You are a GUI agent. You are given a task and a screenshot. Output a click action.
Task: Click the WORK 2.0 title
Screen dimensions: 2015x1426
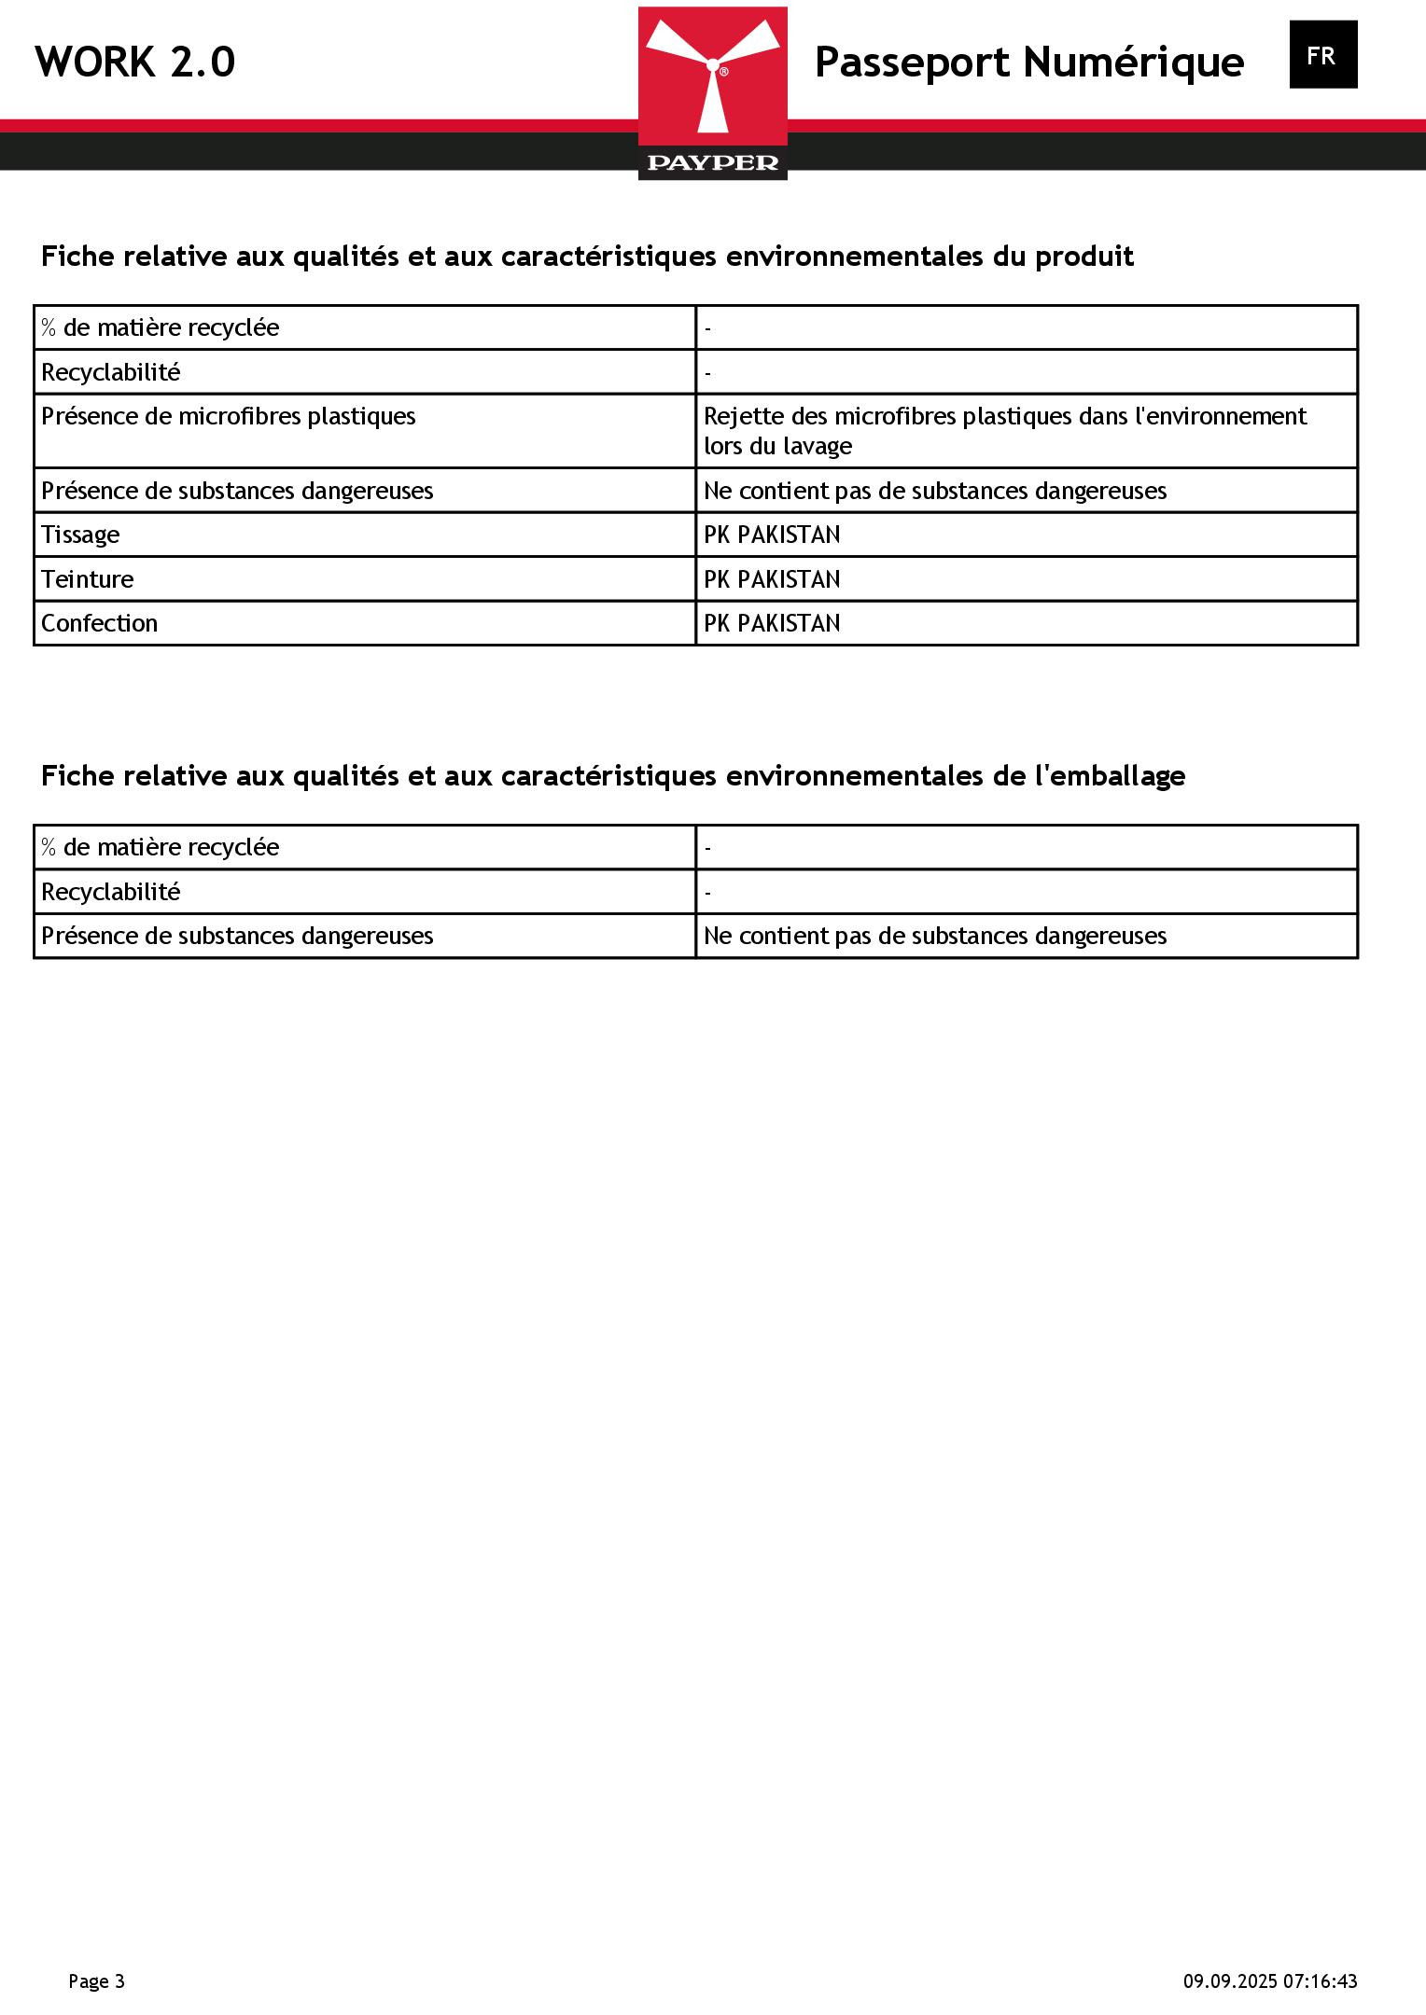pos(135,63)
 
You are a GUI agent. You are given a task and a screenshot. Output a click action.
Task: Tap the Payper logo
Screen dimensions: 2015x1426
pos(712,93)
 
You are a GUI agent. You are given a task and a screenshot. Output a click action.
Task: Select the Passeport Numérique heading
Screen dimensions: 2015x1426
pos(1028,63)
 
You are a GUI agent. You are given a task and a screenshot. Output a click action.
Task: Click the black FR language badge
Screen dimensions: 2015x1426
pos(1322,55)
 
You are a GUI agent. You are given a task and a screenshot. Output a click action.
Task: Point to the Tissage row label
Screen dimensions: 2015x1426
pos(80,535)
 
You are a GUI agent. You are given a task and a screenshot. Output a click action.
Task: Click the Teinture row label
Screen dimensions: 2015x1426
pos(87,579)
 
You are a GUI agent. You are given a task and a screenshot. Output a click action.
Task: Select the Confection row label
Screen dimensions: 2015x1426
pos(99,623)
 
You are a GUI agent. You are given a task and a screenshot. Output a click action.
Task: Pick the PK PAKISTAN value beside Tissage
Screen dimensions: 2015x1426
pos(771,535)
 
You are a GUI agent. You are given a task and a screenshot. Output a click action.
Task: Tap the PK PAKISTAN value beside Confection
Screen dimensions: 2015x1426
pos(771,623)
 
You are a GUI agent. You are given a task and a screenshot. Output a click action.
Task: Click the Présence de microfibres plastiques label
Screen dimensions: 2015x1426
pos(228,416)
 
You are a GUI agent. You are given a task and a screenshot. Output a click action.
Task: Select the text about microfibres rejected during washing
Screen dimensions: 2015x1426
pos(1004,431)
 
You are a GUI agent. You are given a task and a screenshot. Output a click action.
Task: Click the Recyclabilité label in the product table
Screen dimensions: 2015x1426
pos(110,372)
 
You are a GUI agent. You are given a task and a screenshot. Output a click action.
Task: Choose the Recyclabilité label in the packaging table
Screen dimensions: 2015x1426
pos(110,892)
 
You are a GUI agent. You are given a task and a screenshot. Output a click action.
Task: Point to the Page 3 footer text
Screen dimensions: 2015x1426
pos(96,1981)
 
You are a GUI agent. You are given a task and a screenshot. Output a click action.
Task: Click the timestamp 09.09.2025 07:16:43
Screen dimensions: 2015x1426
pos(1270,1981)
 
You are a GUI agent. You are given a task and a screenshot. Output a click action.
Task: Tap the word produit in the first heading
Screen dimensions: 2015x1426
pos(1083,257)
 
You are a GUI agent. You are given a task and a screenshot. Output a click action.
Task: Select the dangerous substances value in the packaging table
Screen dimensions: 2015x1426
pos(934,936)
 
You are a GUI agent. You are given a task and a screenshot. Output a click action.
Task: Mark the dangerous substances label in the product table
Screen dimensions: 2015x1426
pos(237,491)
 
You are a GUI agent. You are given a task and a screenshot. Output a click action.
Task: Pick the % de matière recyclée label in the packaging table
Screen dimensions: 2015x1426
pos(160,847)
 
